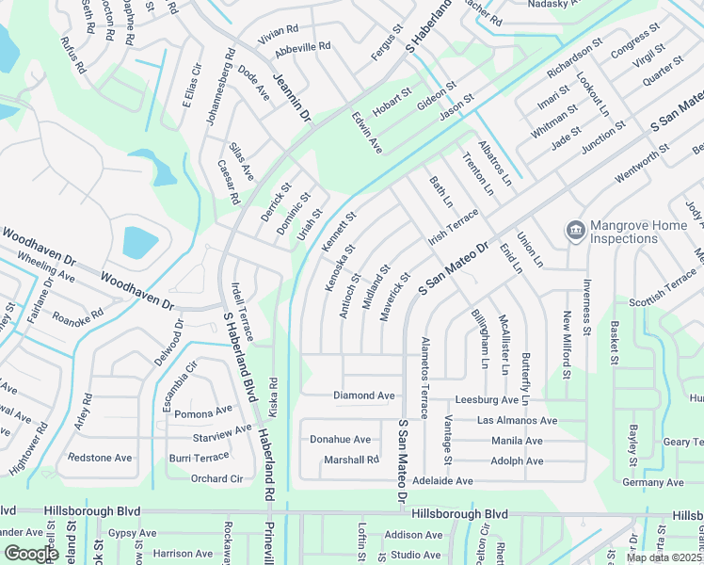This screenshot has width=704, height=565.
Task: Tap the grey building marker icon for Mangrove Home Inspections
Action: (573, 230)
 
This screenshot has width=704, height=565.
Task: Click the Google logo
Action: (31, 554)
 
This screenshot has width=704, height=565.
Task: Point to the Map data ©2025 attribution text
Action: (664, 557)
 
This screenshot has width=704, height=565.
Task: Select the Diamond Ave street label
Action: (364, 395)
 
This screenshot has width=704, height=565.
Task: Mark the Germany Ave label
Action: (653, 482)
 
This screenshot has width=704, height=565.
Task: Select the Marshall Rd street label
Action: (350, 460)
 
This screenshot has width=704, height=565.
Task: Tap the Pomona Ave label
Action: (202, 412)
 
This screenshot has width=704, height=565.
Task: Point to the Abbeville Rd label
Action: (299, 45)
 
